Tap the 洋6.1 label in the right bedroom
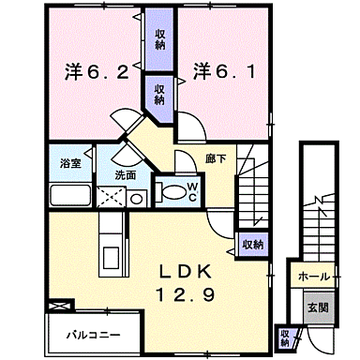(x=221, y=69)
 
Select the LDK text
(x=194, y=272)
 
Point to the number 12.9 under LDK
(x=194, y=294)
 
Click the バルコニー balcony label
(x=91, y=333)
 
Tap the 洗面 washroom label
(x=126, y=174)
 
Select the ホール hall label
(x=311, y=277)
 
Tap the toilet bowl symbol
(x=172, y=191)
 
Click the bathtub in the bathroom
(x=67, y=195)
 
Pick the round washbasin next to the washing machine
(x=137, y=198)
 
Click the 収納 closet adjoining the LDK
(x=251, y=243)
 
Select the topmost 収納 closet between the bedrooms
(x=161, y=36)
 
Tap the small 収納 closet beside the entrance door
(x=285, y=336)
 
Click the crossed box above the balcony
(x=58, y=307)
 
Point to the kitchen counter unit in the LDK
(x=109, y=242)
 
